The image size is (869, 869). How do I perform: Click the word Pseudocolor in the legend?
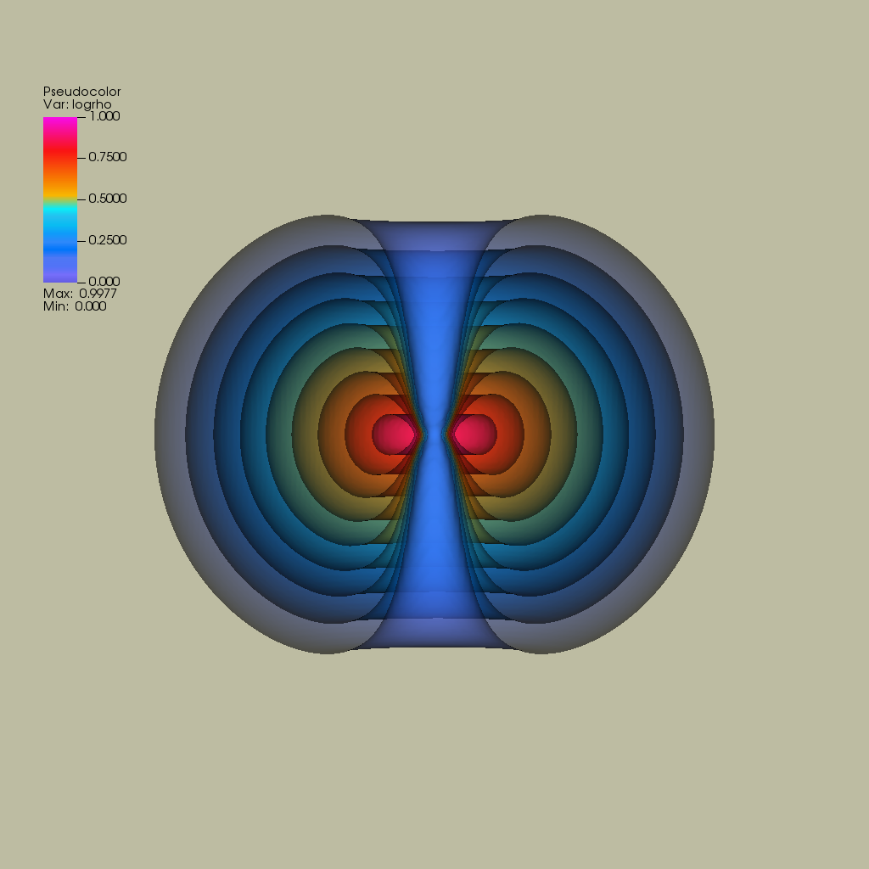82,92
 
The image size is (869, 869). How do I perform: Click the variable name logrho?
92,104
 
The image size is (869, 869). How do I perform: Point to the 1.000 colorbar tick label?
104,116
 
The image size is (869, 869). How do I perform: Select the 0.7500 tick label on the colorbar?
108,157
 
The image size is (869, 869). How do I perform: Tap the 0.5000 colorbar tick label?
108,199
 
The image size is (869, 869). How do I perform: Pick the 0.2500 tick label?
108,240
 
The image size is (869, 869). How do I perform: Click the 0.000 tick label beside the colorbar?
104,282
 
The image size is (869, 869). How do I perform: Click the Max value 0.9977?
98,294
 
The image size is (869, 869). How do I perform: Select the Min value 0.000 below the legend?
90,306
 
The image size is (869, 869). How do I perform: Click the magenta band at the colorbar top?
60,126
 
